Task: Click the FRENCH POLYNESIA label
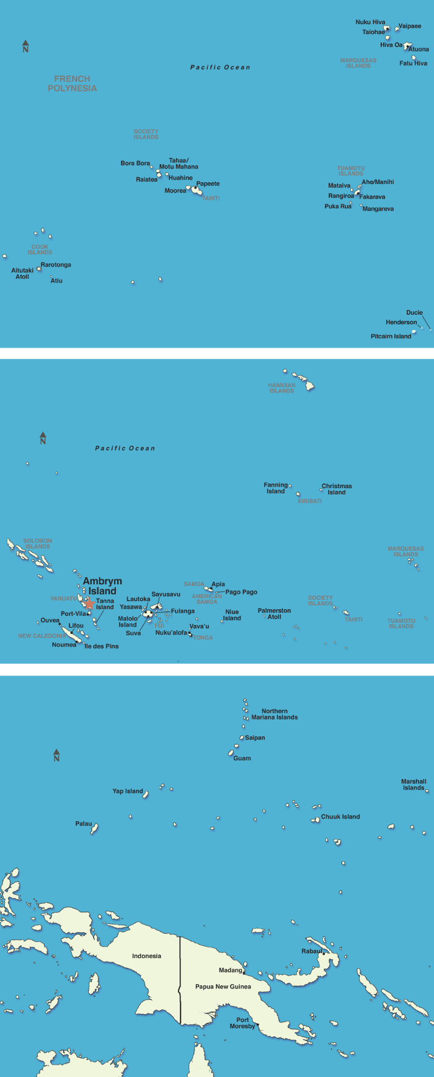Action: [x=72, y=84]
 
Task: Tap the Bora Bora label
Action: [x=135, y=164]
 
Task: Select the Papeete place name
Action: [x=208, y=184]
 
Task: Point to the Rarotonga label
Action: [x=56, y=265]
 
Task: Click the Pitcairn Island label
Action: [x=391, y=336]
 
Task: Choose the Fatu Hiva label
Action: [x=413, y=63]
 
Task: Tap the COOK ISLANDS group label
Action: [x=40, y=250]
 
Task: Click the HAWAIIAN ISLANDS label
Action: [x=281, y=388]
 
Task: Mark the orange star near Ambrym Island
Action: [x=89, y=604]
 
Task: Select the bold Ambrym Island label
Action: [x=102, y=586]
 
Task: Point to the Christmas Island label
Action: [x=337, y=490]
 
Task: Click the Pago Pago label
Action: [x=241, y=592]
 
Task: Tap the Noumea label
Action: [x=64, y=645]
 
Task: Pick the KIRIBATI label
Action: [x=309, y=501]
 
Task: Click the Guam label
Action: [x=242, y=758]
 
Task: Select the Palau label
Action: [x=84, y=824]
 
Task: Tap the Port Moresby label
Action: [x=242, y=1023]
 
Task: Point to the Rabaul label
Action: [x=312, y=951]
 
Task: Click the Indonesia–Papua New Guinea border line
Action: [x=180, y=979]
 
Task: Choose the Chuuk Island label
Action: [x=340, y=817]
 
